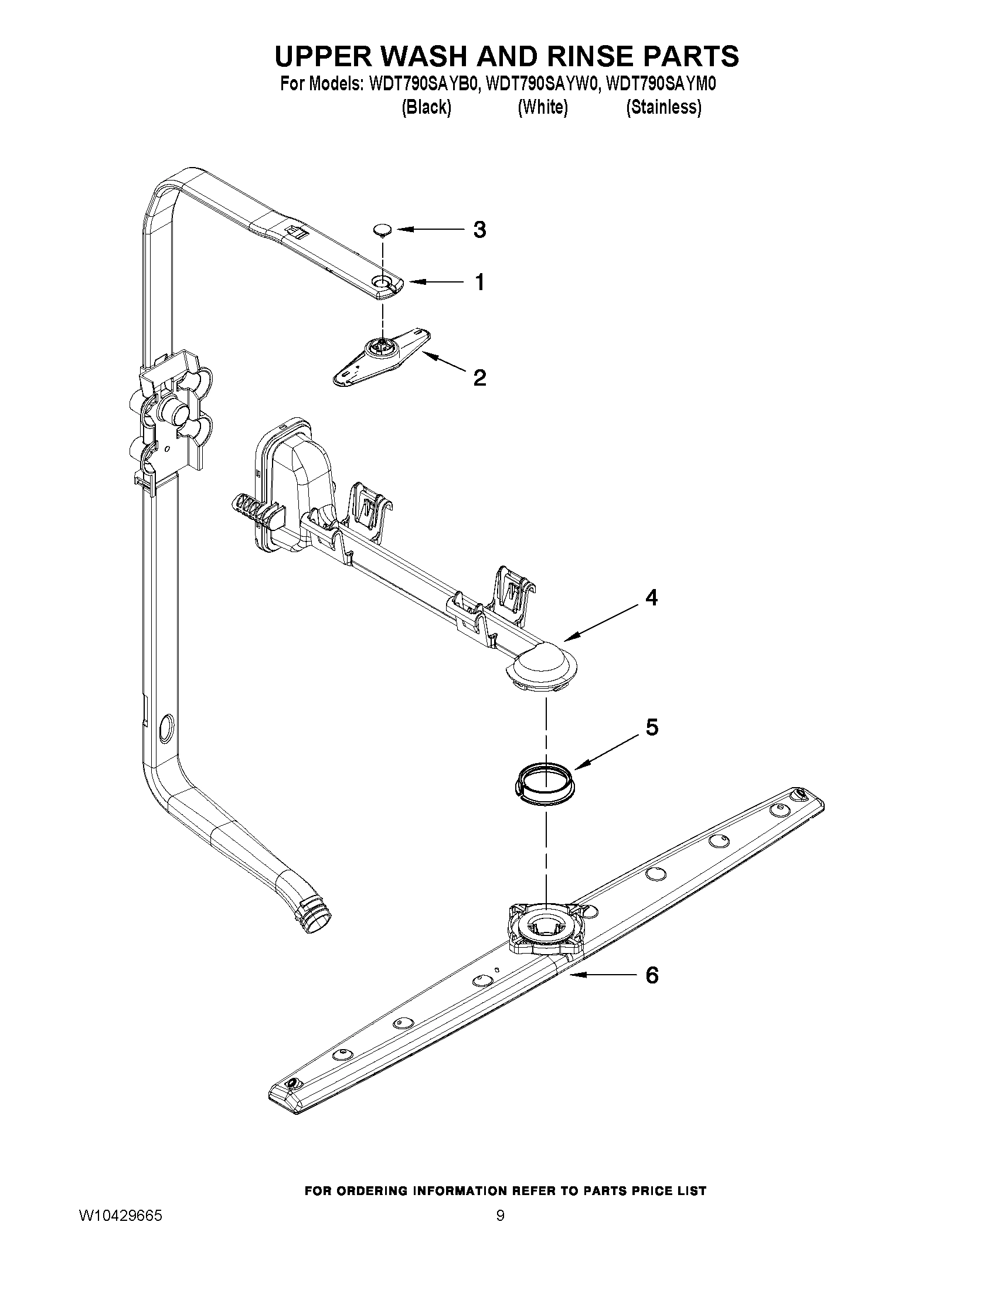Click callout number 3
(x=479, y=230)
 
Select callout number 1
(x=479, y=282)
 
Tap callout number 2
(x=479, y=377)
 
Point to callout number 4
(x=651, y=598)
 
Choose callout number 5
(x=651, y=727)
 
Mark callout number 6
(x=651, y=975)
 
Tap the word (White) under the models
(x=542, y=107)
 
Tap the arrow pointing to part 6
(x=600, y=975)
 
